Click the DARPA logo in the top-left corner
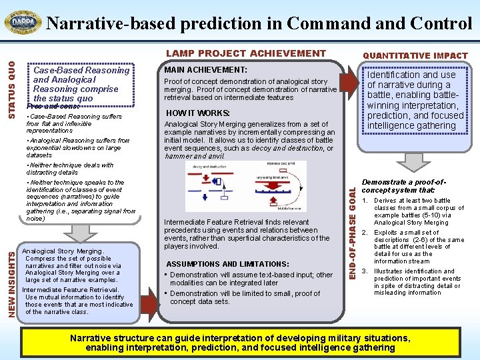tap(23, 22)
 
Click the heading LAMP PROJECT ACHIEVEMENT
tap(246, 53)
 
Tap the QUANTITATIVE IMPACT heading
tap(415, 55)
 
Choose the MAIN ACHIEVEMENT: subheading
tap(205, 70)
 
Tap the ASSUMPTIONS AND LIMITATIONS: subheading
tap(227, 264)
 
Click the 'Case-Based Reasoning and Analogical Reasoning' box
tap(81, 84)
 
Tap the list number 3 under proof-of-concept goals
tap(364, 271)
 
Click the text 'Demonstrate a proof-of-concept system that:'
tap(403, 187)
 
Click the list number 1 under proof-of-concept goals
tap(364, 201)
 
